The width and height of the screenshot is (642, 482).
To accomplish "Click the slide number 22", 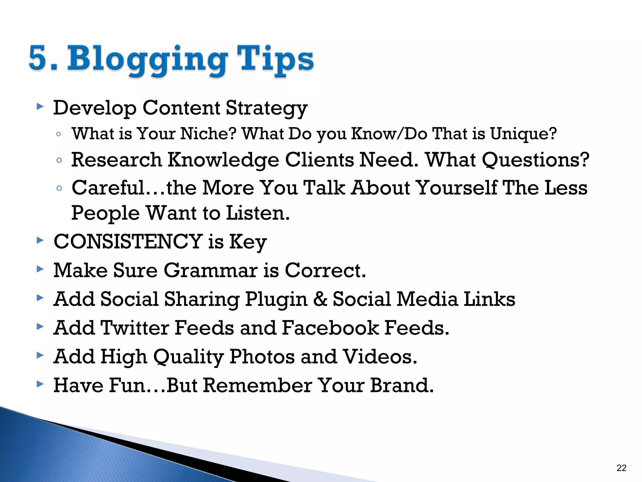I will pos(621,468).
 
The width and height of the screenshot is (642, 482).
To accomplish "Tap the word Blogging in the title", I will pos(147,60).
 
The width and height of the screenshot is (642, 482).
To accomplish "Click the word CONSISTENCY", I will pos(128,242).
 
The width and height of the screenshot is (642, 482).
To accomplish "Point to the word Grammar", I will pos(210,270).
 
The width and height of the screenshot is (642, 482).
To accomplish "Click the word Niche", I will pos(208,134).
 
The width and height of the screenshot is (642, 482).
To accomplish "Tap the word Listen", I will pos(258,213).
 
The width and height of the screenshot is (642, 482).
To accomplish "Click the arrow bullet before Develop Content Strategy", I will pos(40,107).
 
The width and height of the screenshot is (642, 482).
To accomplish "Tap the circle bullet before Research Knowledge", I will pos(59,160).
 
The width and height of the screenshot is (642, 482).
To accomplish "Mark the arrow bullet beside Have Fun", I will pos(40,384).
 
